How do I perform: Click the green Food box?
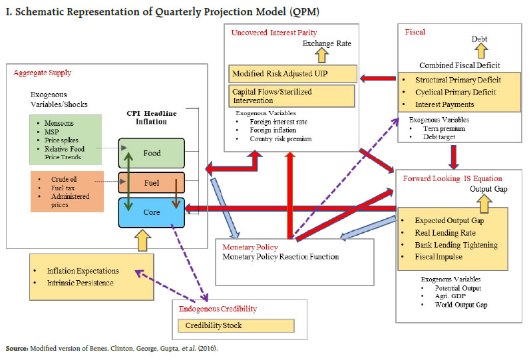click(x=152, y=153)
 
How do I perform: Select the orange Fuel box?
click(x=152, y=182)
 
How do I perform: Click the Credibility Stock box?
click(x=236, y=325)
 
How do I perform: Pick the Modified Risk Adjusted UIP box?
click(x=293, y=73)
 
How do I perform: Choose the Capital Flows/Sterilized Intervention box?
click(x=293, y=96)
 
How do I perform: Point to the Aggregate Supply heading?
click(x=42, y=73)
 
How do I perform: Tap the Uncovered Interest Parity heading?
click(x=274, y=33)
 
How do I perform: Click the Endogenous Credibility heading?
click(x=218, y=308)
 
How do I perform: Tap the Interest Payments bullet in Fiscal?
click(x=444, y=104)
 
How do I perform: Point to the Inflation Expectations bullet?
click(x=83, y=271)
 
